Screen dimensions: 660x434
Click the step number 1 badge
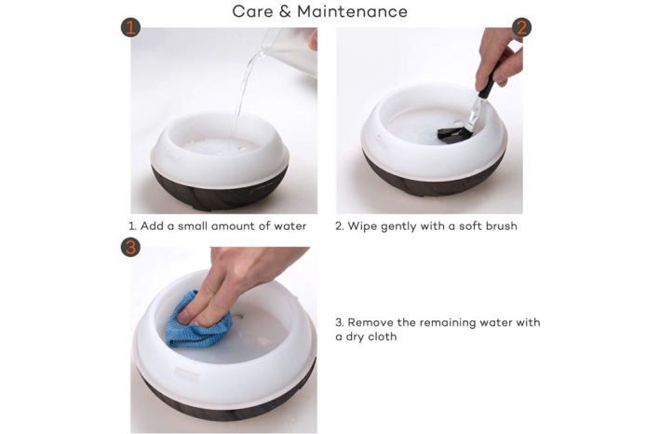pos(130,28)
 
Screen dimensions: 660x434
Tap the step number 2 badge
pos(521,28)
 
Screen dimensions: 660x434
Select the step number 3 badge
pos(130,247)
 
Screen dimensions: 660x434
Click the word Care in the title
pos(252,11)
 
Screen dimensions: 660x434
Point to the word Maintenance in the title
pos(352,11)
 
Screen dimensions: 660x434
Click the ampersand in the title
pos(285,11)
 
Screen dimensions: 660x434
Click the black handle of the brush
pos(489,82)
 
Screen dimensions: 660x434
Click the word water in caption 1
pos(290,226)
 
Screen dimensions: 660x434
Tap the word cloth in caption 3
pos(383,336)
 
